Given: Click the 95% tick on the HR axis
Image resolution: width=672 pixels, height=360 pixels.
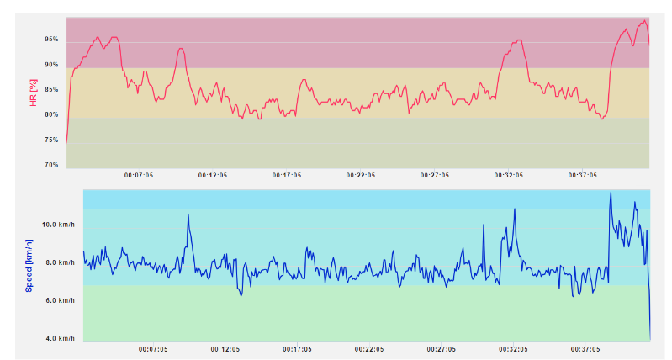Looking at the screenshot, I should (51, 40).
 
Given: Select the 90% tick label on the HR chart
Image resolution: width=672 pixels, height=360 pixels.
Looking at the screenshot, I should (51, 65).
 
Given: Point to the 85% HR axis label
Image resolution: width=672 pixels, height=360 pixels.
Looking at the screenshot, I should (51, 90).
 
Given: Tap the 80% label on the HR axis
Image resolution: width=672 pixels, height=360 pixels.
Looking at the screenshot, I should (51, 115).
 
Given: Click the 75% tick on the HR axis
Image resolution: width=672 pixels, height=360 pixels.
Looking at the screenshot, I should (51, 140).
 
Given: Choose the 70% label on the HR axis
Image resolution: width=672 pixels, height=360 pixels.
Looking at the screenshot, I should (51, 165).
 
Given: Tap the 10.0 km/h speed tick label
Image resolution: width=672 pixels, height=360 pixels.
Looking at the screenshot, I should (58, 225).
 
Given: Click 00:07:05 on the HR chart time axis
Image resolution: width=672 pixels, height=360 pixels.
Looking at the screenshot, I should (139, 175).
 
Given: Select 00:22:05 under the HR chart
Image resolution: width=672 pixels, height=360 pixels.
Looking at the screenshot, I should (360, 175).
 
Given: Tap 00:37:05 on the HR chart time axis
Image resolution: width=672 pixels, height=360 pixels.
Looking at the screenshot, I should (582, 175).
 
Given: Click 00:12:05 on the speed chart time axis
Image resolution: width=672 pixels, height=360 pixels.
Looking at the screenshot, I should (225, 348).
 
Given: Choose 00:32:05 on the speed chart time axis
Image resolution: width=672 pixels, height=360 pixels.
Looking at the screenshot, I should (513, 348).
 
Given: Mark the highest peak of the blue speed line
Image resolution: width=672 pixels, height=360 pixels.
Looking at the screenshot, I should (611, 193).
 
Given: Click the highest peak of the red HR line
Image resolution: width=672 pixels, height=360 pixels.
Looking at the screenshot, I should (644, 21).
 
